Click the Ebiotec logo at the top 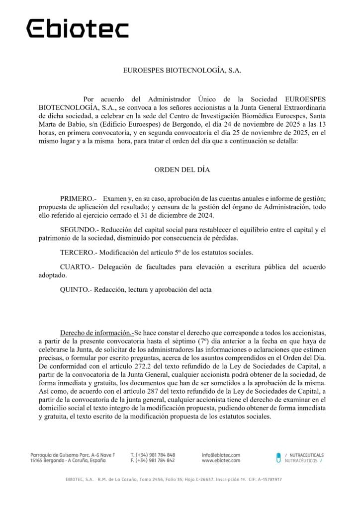click(x=78, y=28)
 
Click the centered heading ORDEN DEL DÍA click(x=182, y=170)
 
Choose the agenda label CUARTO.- click(x=77, y=267)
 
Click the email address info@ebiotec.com click(x=221, y=455)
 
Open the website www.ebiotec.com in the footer click(x=221, y=461)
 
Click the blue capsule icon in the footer click(x=278, y=457)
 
